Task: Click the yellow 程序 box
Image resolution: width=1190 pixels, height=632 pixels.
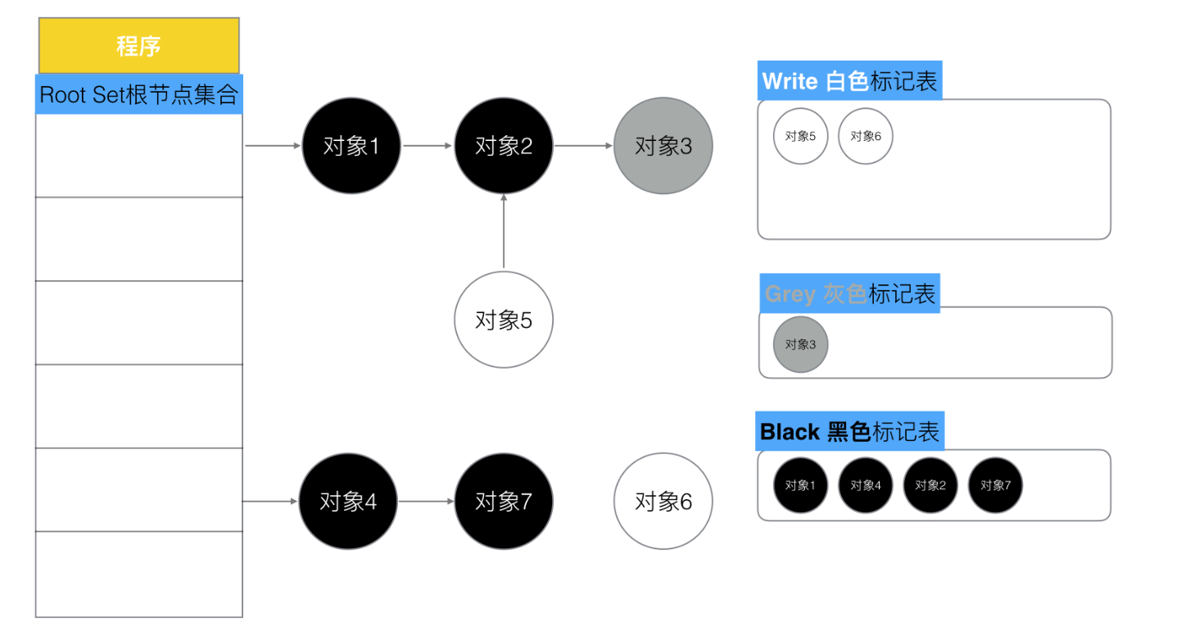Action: [x=138, y=46]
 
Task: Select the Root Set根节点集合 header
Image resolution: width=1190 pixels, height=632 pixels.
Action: [x=138, y=94]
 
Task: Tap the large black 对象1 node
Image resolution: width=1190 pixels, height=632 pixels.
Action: [x=351, y=146]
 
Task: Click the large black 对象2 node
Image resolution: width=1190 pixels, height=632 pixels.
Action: [x=504, y=146]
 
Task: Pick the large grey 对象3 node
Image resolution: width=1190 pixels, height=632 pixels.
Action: [x=663, y=146]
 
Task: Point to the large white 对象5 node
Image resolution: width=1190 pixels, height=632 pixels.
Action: [x=504, y=320]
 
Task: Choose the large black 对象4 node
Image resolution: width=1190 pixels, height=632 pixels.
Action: [x=348, y=501]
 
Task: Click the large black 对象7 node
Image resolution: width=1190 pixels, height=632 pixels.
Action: [x=504, y=501]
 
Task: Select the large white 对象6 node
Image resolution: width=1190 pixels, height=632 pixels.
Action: [x=663, y=501]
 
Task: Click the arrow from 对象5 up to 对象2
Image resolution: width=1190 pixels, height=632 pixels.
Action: [x=504, y=231]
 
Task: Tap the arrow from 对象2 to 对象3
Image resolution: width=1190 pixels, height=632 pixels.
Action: [x=583, y=146]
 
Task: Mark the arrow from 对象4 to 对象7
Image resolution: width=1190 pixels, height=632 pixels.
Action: [x=426, y=501]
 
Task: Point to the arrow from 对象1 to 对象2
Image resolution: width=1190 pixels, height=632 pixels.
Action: [x=428, y=146]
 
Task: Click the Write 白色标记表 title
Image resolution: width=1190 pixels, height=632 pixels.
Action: [x=850, y=81]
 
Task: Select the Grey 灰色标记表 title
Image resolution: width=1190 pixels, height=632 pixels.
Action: [x=850, y=293]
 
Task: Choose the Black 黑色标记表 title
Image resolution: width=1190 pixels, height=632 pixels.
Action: [x=850, y=431]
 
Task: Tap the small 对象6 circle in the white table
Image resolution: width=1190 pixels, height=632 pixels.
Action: [x=866, y=136]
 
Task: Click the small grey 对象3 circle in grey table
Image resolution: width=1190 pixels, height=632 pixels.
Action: [x=801, y=344]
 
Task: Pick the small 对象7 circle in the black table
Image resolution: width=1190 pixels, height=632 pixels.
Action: [x=996, y=485]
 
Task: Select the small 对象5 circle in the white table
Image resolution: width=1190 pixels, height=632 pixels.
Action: [x=801, y=136]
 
